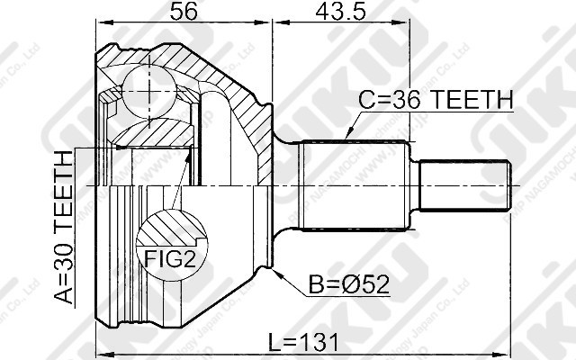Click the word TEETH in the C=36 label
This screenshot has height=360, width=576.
pos(471,99)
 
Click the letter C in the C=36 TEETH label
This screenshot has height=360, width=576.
pos(365,99)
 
